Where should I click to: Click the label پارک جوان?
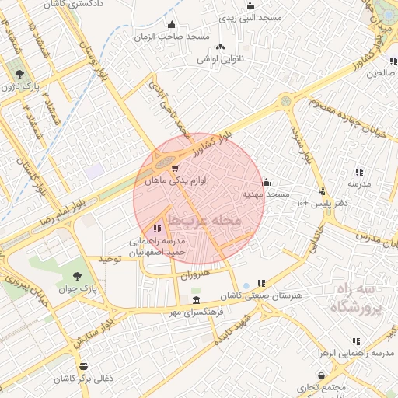click(x=77, y=289)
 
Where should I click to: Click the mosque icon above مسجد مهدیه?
click(x=266, y=182)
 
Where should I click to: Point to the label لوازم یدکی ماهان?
click(x=176, y=180)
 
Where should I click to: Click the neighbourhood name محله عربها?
click(x=206, y=222)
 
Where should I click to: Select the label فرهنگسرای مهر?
click(x=195, y=312)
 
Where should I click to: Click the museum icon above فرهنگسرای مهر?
click(x=195, y=301)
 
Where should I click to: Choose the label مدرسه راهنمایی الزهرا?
click(x=357, y=353)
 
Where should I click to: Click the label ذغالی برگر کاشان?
click(x=84, y=378)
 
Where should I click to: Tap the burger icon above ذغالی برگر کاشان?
click(x=83, y=365)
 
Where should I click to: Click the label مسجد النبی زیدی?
click(x=247, y=16)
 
